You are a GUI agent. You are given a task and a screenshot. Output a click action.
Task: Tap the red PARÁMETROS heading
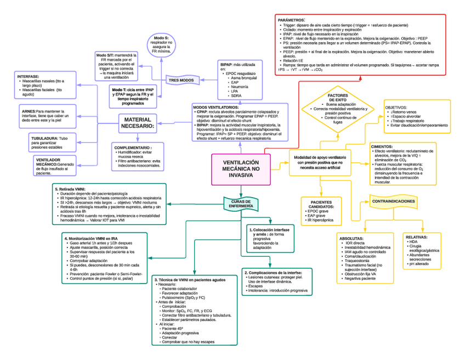click(x=292, y=19)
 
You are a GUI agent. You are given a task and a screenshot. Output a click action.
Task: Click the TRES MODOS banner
click(x=181, y=80)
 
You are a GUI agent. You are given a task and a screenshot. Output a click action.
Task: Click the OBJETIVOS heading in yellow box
click(x=395, y=107)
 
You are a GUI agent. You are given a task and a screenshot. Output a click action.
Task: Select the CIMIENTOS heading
click(x=382, y=147)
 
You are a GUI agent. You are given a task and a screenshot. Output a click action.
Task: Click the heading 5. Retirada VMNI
click(x=74, y=189)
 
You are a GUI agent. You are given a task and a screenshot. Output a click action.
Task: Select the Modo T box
click(x=134, y=95)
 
